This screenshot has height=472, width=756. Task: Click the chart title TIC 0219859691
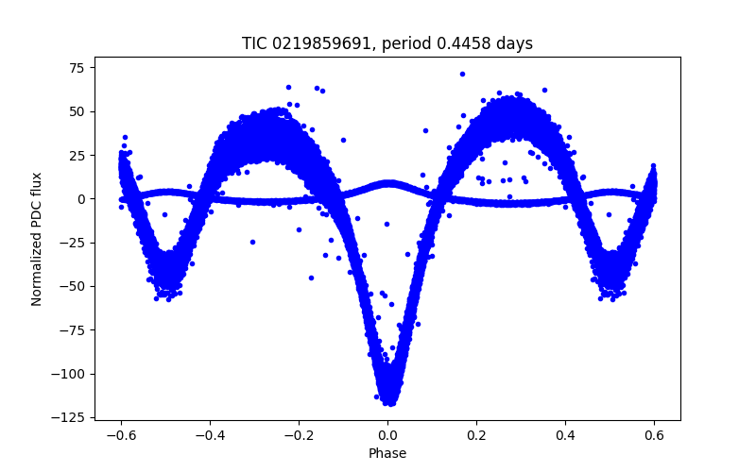coord(387,43)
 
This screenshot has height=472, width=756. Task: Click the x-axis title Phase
coord(387,454)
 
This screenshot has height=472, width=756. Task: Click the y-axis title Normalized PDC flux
coord(37,239)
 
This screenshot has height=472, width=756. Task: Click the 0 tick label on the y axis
coord(80,198)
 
